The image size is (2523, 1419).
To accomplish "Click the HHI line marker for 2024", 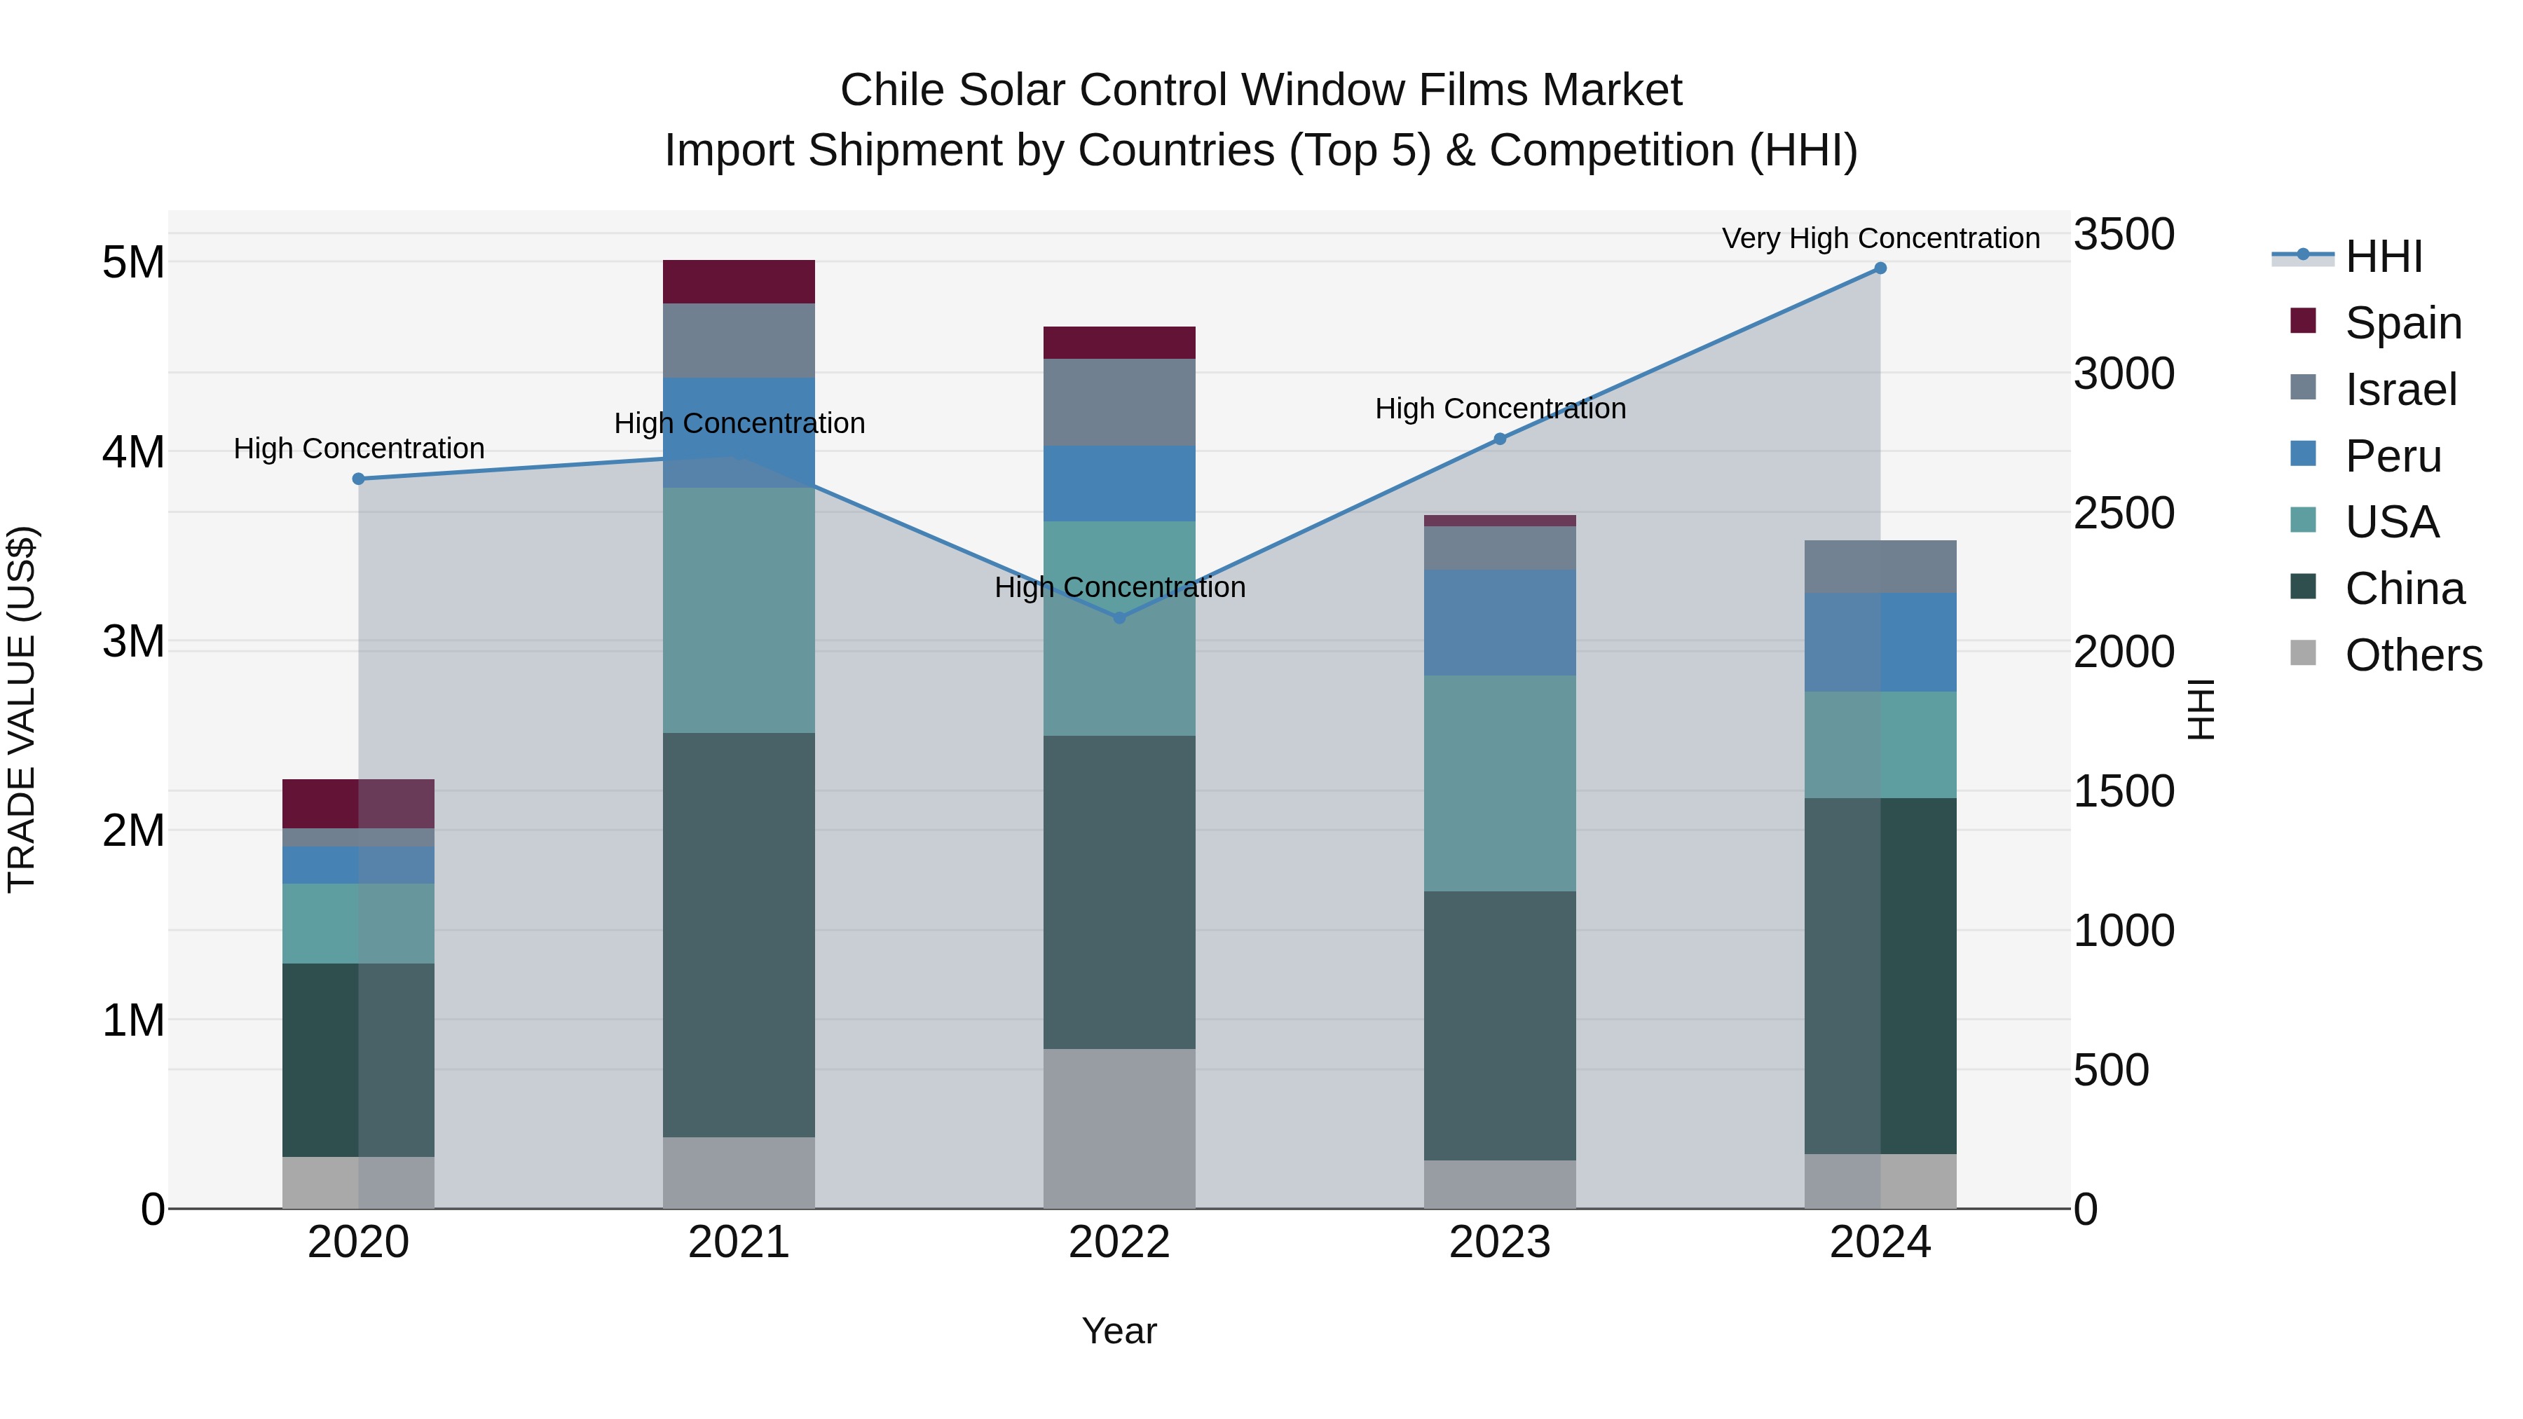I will pyautogui.click(x=1880, y=268).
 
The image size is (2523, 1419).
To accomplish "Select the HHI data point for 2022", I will pyautogui.click(x=1119, y=618).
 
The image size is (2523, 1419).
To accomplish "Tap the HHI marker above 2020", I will pyautogui.click(x=358, y=479).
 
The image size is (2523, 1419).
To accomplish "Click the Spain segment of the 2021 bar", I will pyautogui.click(x=739, y=282).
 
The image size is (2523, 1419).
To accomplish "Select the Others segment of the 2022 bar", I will pyautogui.click(x=1119, y=1128).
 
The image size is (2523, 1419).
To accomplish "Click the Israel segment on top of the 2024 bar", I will pyautogui.click(x=1880, y=566).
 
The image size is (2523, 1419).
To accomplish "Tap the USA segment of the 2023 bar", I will pyautogui.click(x=1500, y=783).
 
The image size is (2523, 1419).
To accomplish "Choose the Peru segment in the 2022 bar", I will pyautogui.click(x=1119, y=484).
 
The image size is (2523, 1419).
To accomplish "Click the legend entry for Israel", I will pyautogui.click(x=2400, y=390).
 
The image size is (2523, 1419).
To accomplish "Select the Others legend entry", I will pyautogui.click(x=2412, y=655).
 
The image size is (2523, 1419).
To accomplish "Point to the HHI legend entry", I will pyautogui.click(x=2383, y=256).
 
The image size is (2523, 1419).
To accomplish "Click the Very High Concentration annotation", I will pyautogui.click(x=1880, y=239).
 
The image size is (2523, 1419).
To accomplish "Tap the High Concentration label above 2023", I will pyautogui.click(x=1500, y=409).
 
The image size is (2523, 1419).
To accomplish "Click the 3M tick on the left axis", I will pyautogui.click(x=133, y=641).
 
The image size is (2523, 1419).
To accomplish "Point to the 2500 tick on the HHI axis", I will pyautogui.click(x=2124, y=513).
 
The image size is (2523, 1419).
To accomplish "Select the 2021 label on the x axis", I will pyautogui.click(x=739, y=1242).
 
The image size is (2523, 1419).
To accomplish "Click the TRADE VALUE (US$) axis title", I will pyautogui.click(x=22, y=709).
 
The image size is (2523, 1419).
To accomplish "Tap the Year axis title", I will pyautogui.click(x=1119, y=1331).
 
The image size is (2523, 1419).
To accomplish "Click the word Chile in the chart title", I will pyautogui.click(x=892, y=90).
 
